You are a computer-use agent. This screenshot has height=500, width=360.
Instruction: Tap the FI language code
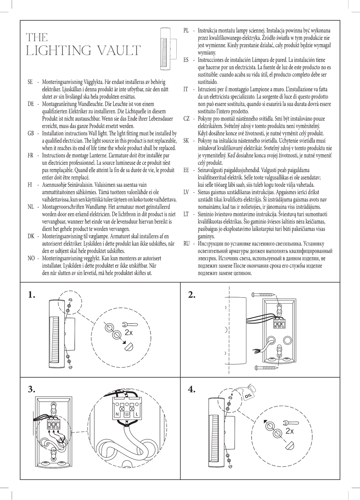(x=30, y=185)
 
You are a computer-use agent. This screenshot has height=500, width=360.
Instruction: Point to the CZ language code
(x=187, y=119)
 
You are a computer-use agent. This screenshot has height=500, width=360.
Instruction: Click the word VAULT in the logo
(x=118, y=51)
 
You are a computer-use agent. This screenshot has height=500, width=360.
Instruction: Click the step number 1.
(x=31, y=295)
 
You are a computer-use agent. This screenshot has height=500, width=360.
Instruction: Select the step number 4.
(x=191, y=389)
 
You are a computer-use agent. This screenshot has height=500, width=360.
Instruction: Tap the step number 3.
(x=31, y=389)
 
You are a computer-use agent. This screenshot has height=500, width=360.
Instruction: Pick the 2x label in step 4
(x=290, y=431)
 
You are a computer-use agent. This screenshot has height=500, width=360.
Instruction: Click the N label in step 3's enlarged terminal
(x=117, y=414)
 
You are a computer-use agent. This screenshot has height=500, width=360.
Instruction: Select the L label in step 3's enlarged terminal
(x=137, y=414)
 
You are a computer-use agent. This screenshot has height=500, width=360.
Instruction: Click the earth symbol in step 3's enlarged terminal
(x=127, y=414)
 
